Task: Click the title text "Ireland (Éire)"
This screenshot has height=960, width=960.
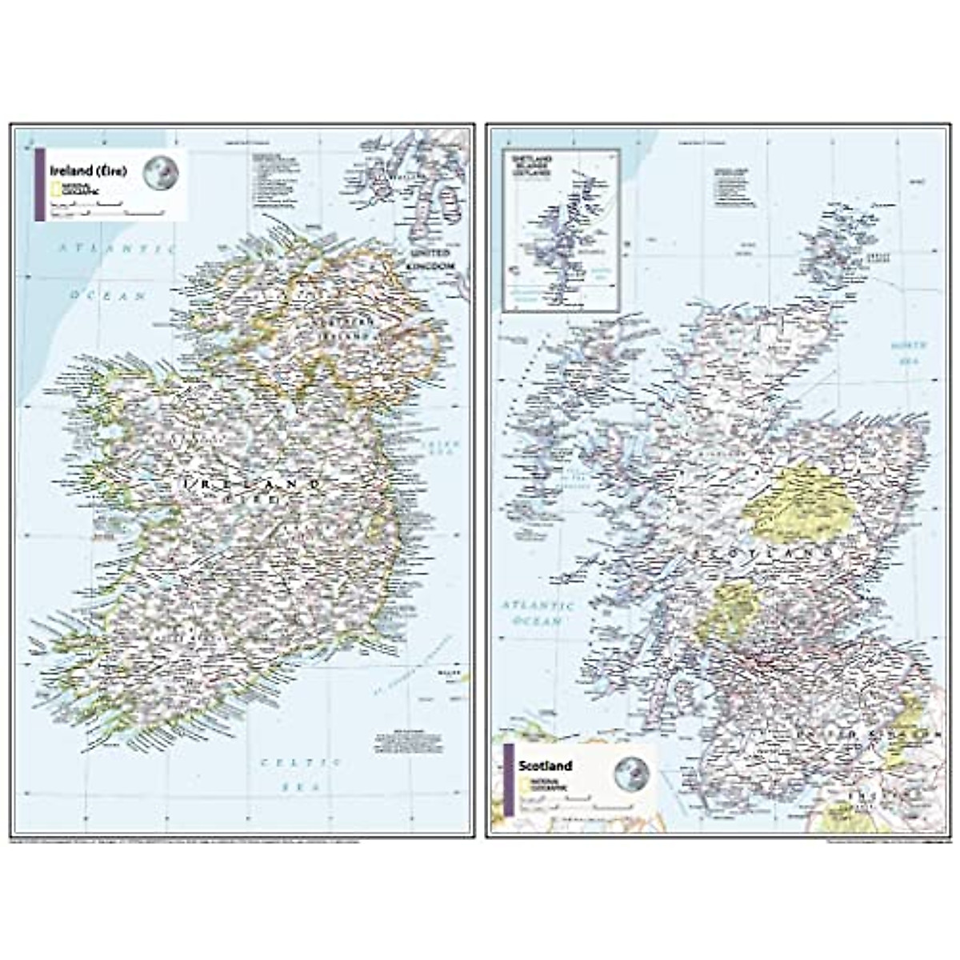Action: pyautogui.click(x=88, y=170)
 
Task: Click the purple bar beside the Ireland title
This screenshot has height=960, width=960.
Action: pyautogui.click(x=38, y=184)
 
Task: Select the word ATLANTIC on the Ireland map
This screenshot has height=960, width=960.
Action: pyautogui.click(x=117, y=249)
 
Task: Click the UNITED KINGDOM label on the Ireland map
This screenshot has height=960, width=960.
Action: pyautogui.click(x=430, y=261)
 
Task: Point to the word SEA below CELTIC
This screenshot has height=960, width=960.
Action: pyautogui.click(x=302, y=788)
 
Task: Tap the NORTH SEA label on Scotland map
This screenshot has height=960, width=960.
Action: pyautogui.click(x=910, y=353)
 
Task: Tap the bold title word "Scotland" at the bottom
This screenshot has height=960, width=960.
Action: pyautogui.click(x=545, y=766)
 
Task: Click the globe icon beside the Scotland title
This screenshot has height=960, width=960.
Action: pyautogui.click(x=631, y=774)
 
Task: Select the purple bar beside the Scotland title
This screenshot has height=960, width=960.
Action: pyautogui.click(x=509, y=780)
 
